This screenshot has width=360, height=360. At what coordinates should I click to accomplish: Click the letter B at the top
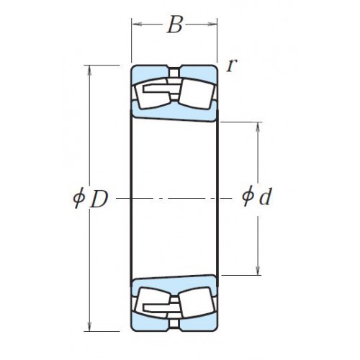[x=175, y=24]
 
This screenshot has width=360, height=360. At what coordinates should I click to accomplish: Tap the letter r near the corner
[x=232, y=65]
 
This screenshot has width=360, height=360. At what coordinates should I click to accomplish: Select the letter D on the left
[x=99, y=199]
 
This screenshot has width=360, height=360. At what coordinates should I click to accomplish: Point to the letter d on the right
[x=266, y=197]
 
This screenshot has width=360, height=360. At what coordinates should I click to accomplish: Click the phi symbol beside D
[x=79, y=197]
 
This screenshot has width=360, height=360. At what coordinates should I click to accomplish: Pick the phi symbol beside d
[x=248, y=196]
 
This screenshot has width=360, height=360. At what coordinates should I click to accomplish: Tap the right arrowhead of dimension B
[x=212, y=24]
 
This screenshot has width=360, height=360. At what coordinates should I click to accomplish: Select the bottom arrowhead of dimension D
[x=89, y=326]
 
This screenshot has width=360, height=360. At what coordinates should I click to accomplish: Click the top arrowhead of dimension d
[x=258, y=127]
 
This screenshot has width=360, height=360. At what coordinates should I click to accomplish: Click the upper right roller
[x=197, y=94]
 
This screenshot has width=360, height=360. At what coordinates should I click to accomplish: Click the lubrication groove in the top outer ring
[x=174, y=71]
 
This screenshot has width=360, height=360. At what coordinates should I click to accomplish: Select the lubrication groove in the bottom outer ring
[x=174, y=325]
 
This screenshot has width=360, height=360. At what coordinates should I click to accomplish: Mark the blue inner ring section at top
[x=174, y=112]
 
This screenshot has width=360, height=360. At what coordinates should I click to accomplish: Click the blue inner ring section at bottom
[x=174, y=284]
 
